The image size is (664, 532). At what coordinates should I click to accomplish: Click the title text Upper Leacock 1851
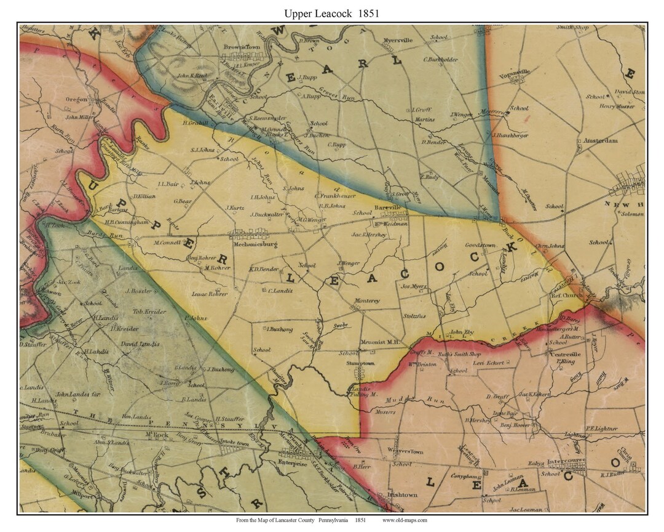point(331,12)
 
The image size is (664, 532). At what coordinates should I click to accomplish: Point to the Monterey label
point(367,301)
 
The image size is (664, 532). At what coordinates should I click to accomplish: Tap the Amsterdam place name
point(601,140)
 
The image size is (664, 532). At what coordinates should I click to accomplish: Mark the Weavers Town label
point(405,451)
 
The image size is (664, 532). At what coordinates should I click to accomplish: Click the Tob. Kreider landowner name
point(150,312)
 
